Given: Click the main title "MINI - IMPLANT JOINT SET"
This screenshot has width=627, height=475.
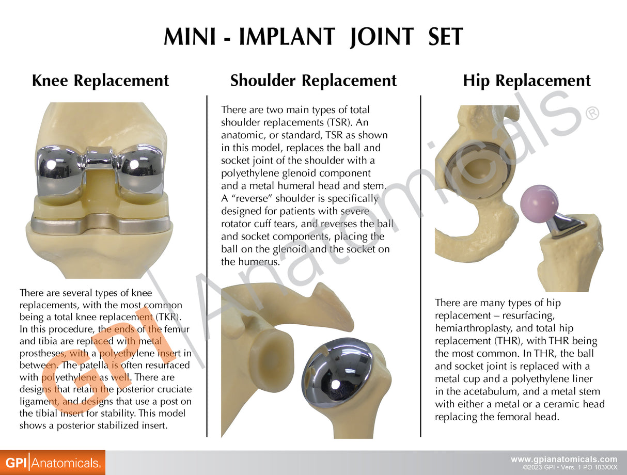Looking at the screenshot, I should pyautogui.click(x=313, y=37).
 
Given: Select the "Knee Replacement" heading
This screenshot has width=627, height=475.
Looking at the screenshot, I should pyautogui.click(x=100, y=81).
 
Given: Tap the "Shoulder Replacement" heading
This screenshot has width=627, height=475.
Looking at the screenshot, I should pyautogui.click(x=313, y=81).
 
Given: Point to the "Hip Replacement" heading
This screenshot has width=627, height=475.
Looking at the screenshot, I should pyautogui.click(x=526, y=81).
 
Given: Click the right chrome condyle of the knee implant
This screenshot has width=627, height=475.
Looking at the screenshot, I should pyautogui.click(x=140, y=170).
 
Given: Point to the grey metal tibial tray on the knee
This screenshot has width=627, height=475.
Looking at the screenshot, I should pyautogui.click(x=100, y=224).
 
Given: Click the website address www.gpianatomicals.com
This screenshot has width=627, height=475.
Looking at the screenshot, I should pyautogui.click(x=564, y=459).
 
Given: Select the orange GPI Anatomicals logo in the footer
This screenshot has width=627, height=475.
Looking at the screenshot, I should pyautogui.click(x=52, y=463).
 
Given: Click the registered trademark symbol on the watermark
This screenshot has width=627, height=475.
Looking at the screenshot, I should pyautogui.click(x=592, y=113).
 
